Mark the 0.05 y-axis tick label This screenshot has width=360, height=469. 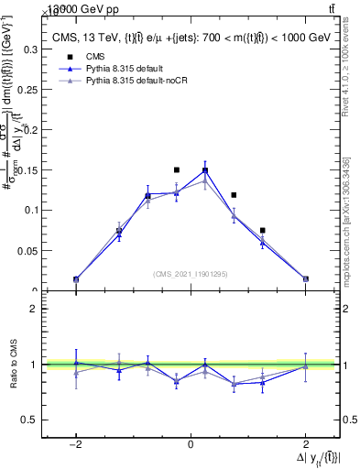point(27,250)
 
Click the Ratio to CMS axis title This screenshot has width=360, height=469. point(12,365)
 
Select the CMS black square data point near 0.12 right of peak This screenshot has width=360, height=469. point(235,195)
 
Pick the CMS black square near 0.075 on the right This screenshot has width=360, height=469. point(263,231)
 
